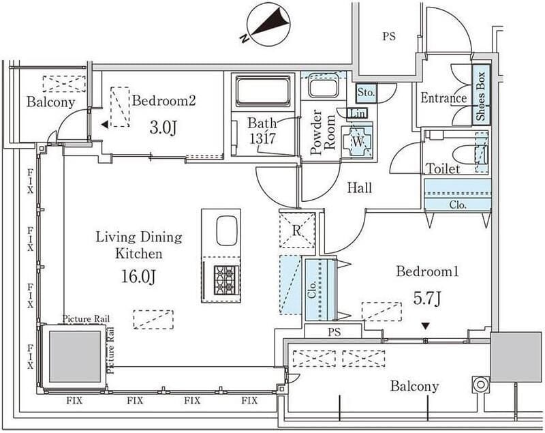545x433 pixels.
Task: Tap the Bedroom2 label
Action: coord(164,100)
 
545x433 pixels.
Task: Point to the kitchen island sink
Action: coord(227,230)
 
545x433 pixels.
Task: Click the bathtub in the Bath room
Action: coord(263,91)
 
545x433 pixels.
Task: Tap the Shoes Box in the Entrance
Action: coord(481,95)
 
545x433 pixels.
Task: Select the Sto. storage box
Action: coord(367,93)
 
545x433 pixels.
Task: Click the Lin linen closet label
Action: coord(357,113)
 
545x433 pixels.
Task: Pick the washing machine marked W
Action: coord(358,141)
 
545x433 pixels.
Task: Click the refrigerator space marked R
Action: coord(297,230)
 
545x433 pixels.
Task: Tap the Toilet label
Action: coord(443,168)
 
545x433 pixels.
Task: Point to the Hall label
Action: coord(360,188)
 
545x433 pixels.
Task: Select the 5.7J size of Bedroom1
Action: coord(427,298)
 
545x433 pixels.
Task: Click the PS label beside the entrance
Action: coord(389,37)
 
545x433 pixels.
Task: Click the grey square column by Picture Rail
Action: coord(75,356)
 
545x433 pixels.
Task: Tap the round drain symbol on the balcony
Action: coord(480,385)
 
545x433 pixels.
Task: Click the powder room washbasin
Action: coord(323,87)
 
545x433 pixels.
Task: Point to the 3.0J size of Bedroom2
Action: coord(163,128)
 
